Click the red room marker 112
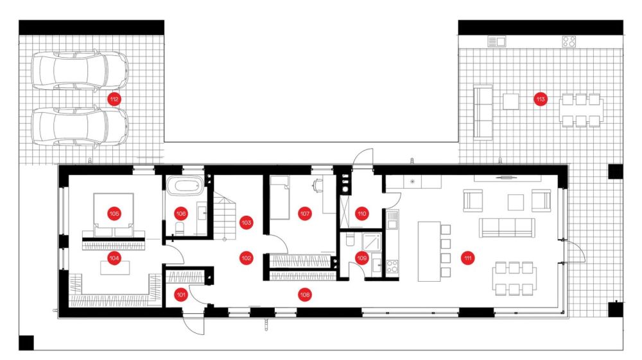coord(114,99)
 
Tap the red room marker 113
coord(541,99)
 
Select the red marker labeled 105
coord(114,214)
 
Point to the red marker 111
coord(467,258)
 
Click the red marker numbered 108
coord(304,295)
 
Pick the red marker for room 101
coord(181,295)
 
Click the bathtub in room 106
coord(185,185)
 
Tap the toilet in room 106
coord(180,229)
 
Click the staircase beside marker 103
coord(224,217)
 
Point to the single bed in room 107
coord(280,198)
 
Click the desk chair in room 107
coord(317,185)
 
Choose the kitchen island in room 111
coord(429,251)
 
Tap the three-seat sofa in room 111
coord(507,227)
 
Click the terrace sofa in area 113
coord(483,112)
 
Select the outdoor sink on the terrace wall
coord(497,42)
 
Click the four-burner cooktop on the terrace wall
coord(569,42)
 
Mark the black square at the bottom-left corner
coord(26,343)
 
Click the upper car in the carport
coord(80,70)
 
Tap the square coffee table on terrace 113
coord(510,101)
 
